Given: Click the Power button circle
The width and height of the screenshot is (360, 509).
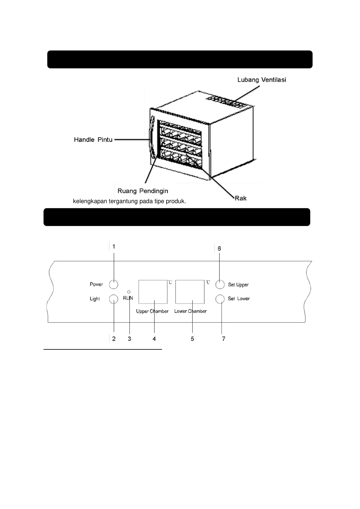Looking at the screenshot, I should (x=113, y=284).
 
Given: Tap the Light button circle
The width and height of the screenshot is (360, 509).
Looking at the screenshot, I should (x=113, y=299).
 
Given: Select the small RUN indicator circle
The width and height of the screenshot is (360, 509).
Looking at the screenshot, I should (x=129, y=292).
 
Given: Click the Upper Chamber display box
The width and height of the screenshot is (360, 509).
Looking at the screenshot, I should (x=153, y=292).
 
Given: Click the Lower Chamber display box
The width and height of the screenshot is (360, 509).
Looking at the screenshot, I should (x=190, y=292).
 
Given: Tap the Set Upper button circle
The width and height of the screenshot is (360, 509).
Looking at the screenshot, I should (x=220, y=284).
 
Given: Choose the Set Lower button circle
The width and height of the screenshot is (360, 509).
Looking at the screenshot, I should (x=220, y=299).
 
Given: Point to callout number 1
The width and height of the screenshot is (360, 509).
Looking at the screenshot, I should (x=114, y=247).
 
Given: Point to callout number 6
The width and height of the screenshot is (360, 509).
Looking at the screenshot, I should (x=219, y=248).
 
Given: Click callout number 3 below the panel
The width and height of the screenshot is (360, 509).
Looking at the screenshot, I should (x=129, y=339).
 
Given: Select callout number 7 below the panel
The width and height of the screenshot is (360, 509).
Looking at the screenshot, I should (x=224, y=339).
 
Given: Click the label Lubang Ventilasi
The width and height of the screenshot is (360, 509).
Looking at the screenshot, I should (x=262, y=80).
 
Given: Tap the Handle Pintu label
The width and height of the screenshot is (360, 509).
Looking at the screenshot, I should (x=93, y=140).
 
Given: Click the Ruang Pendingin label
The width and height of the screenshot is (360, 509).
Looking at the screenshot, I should (x=143, y=191).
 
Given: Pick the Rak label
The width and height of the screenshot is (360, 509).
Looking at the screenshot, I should (x=241, y=198).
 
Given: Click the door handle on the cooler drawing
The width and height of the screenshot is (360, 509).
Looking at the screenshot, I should (x=152, y=138).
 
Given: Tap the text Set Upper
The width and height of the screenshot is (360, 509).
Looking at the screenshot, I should (x=238, y=285).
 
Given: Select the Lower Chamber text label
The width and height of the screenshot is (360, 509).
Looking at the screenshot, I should (x=190, y=311).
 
